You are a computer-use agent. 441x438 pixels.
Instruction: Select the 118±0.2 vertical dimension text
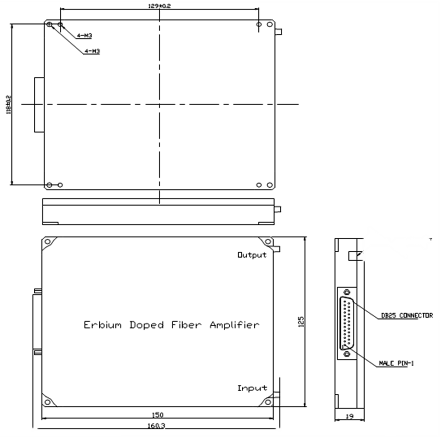pyautogui.click(x=8, y=105)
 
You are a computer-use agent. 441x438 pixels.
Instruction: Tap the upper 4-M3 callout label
pyautogui.click(x=85, y=36)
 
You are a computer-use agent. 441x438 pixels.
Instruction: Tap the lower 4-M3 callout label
pyautogui.click(x=92, y=51)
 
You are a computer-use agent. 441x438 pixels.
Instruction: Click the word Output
pyautogui.click(x=252, y=255)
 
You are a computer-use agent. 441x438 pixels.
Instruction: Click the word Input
pyautogui.click(x=252, y=388)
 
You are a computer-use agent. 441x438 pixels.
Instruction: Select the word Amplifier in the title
pyautogui.click(x=234, y=325)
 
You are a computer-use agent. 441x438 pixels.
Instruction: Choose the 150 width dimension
pyautogui.click(x=158, y=415)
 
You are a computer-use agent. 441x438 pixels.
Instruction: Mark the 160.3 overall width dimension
pyautogui.click(x=158, y=425)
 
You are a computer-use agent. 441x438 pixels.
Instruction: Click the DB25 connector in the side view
pyautogui.click(x=346, y=323)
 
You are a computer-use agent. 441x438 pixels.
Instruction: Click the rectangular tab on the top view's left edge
pyautogui.click(x=39, y=104)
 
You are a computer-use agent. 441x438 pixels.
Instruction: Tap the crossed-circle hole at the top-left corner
pyautogui.click(x=50, y=24)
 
